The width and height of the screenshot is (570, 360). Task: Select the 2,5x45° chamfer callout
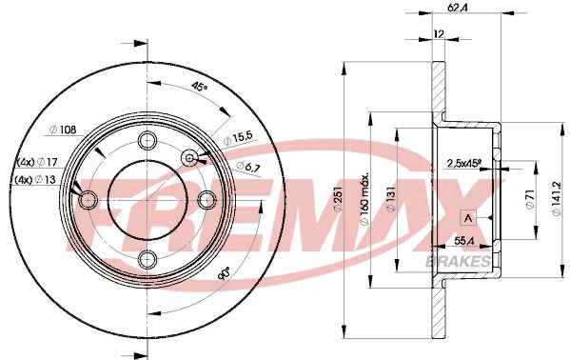pos(463,163)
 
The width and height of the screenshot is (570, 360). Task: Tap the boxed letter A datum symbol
pos(467,217)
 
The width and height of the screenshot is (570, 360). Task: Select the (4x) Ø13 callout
pos(35,179)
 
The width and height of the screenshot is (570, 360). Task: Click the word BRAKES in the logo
pos(464,260)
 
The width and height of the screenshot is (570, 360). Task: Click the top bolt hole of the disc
pos(147,141)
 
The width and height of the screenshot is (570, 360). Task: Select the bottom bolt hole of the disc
pos(147,258)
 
